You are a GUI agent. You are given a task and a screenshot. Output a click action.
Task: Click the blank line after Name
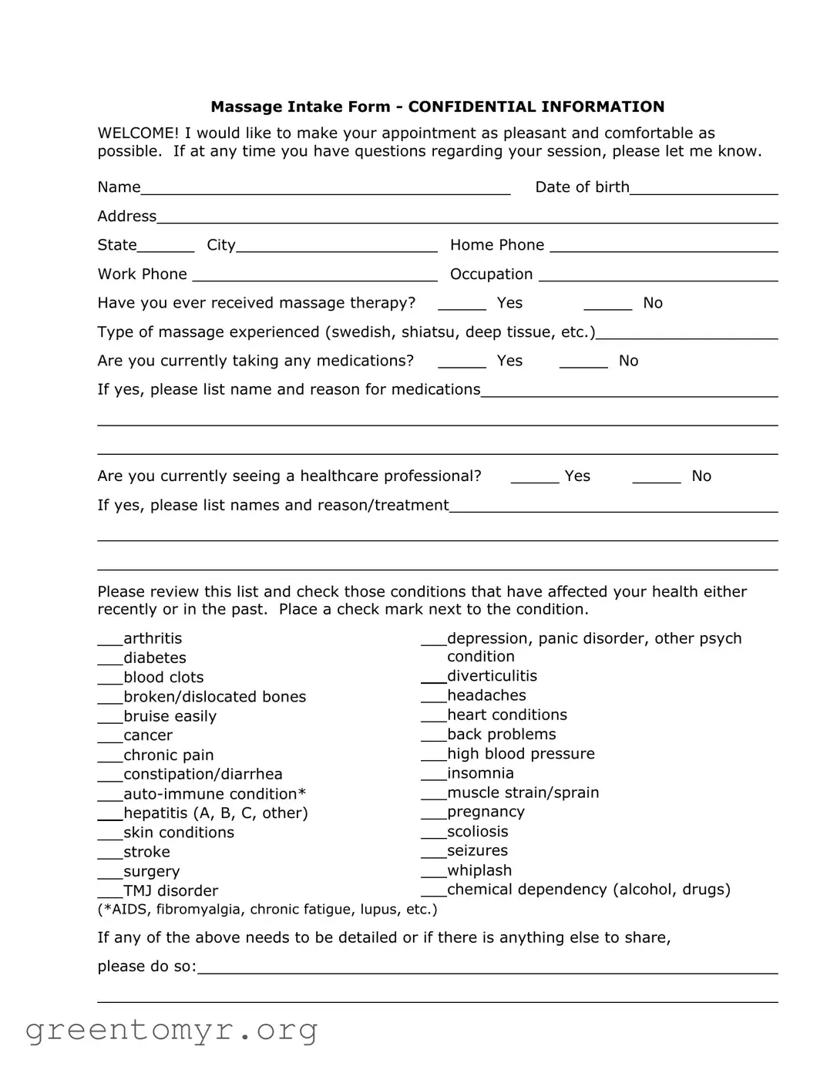[324, 188]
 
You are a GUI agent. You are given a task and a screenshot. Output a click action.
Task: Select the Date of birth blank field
[703, 188]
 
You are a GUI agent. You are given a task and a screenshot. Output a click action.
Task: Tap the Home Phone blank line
[663, 246]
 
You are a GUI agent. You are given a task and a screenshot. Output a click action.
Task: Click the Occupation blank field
[657, 275]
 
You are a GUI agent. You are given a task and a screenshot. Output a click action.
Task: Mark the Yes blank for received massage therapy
[462, 304]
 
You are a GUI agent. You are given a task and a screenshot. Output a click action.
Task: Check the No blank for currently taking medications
[583, 362]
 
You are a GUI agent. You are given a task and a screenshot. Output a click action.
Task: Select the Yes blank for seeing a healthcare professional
[534, 477]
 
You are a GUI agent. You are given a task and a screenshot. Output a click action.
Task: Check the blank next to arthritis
[109, 640]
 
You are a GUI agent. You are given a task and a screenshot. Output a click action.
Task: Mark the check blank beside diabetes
[109, 659]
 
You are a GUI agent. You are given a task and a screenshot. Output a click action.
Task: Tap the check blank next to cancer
[109, 737]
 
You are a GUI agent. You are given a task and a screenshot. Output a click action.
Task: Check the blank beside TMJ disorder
[109, 892]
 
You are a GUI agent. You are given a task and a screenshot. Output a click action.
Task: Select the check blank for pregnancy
[433, 813]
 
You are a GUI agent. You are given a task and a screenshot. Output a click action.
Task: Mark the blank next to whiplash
[433, 872]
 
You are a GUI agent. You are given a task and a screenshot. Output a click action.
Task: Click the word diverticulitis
[492, 676]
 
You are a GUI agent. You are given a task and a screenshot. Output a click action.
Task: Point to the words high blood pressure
[520, 754]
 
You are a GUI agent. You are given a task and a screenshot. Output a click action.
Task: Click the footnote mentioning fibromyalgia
[267, 910]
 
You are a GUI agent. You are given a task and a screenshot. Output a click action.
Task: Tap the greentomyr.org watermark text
[171, 1029]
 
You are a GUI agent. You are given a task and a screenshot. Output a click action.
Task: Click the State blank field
[166, 246]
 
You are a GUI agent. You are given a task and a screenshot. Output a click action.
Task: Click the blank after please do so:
[487, 967]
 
